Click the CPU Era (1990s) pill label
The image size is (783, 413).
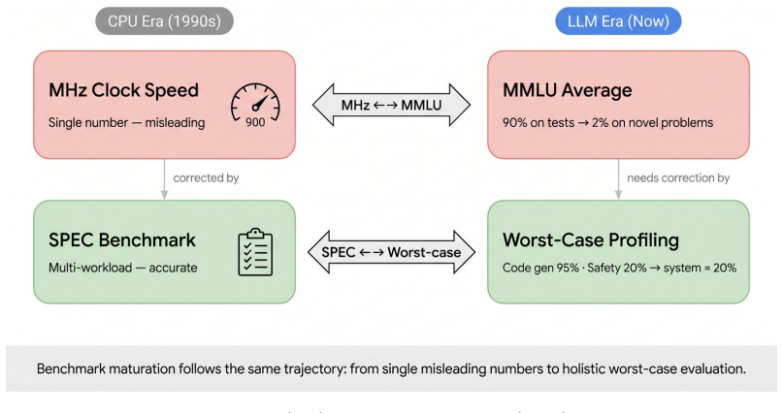pyautogui.click(x=164, y=21)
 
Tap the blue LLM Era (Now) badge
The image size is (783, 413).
pyautogui.click(x=618, y=21)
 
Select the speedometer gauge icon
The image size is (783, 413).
pyautogui.click(x=255, y=102)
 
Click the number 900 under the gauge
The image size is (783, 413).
pyautogui.click(x=255, y=122)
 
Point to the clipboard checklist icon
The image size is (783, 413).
pyautogui.click(x=255, y=252)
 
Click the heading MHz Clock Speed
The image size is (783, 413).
pyautogui.click(x=123, y=90)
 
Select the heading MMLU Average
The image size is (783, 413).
pyautogui.click(x=568, y=90)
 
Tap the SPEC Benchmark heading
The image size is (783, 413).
pyautogui.click(x=122, y=239)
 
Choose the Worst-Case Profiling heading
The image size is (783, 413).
pyautogui.click(x=591, y=239)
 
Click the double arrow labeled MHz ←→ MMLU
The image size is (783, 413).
pyautogui.click(x=392, y=105)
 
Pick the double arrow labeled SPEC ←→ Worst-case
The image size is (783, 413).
pyautogui.click(x=392, y=252)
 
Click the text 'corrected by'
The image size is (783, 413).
pyautogui.click(x=206, y=178)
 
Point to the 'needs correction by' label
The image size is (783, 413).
pyautogui.click(x=678, y=178)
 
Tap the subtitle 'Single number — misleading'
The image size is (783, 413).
pyautogui.click(x=126, y=123)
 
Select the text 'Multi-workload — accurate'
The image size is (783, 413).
pyautogui.click(x=123, y=268)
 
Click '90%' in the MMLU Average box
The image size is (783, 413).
pyautogui.click(x=515, y=123)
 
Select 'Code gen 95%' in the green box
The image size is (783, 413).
pyautogui.click(x=540, y=268)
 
